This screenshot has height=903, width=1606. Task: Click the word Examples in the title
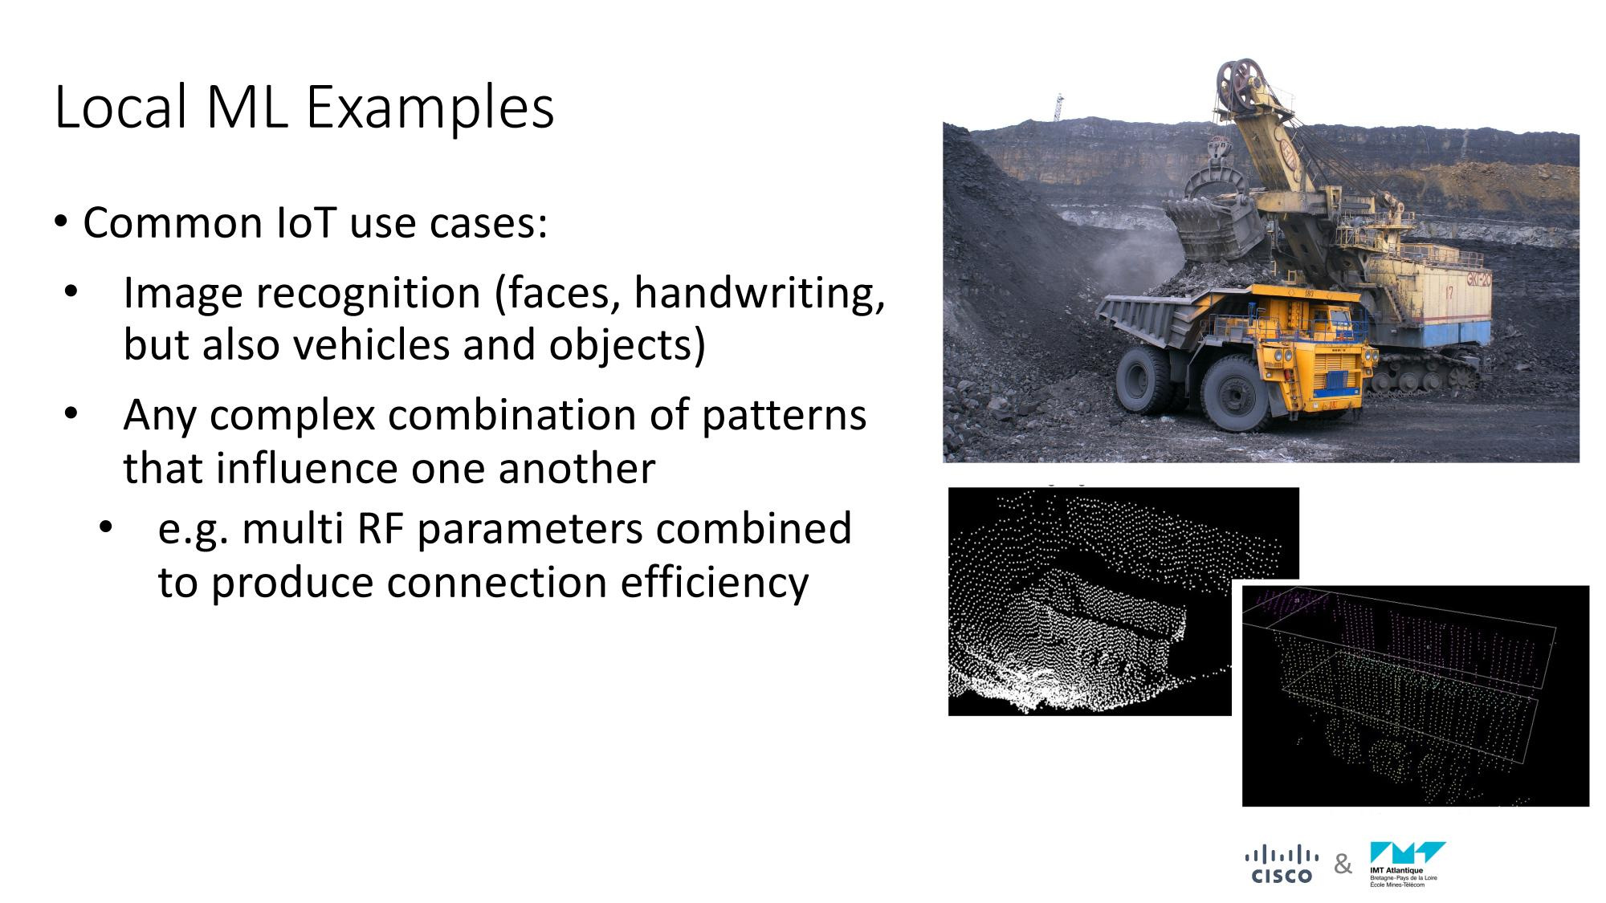pos(430,108)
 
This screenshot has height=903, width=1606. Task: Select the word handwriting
pos(759,293)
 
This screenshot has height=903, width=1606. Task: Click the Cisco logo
pos(1282,864)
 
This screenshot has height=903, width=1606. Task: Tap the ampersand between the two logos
pos(1343,864)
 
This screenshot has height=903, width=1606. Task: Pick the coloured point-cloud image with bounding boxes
pos(1415,696)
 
